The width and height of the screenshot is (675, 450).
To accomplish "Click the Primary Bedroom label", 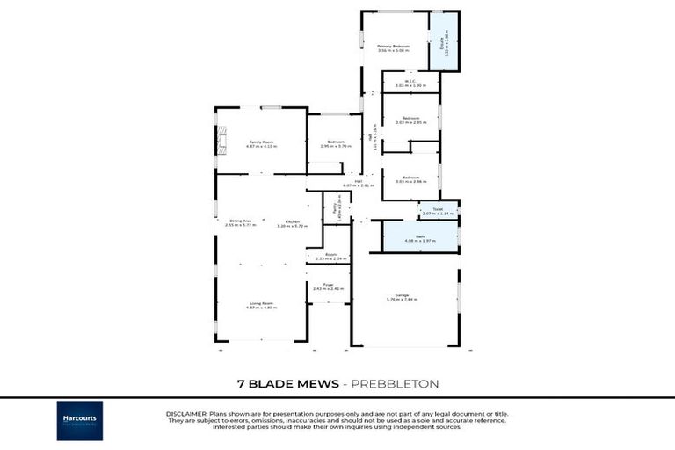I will point(395,47).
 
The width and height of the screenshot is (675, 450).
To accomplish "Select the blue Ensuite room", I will point(444,41).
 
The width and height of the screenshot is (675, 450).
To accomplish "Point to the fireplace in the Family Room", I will point(221,142).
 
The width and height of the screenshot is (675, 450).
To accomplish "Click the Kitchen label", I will point(294,223).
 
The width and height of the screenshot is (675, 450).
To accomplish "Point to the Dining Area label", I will point(241,223).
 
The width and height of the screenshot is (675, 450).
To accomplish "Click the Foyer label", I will point(328,287).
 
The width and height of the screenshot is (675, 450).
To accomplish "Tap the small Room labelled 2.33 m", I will point(328,257).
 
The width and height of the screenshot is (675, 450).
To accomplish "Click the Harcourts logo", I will point(80,420).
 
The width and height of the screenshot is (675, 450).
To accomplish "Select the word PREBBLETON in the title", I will point(396,384).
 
